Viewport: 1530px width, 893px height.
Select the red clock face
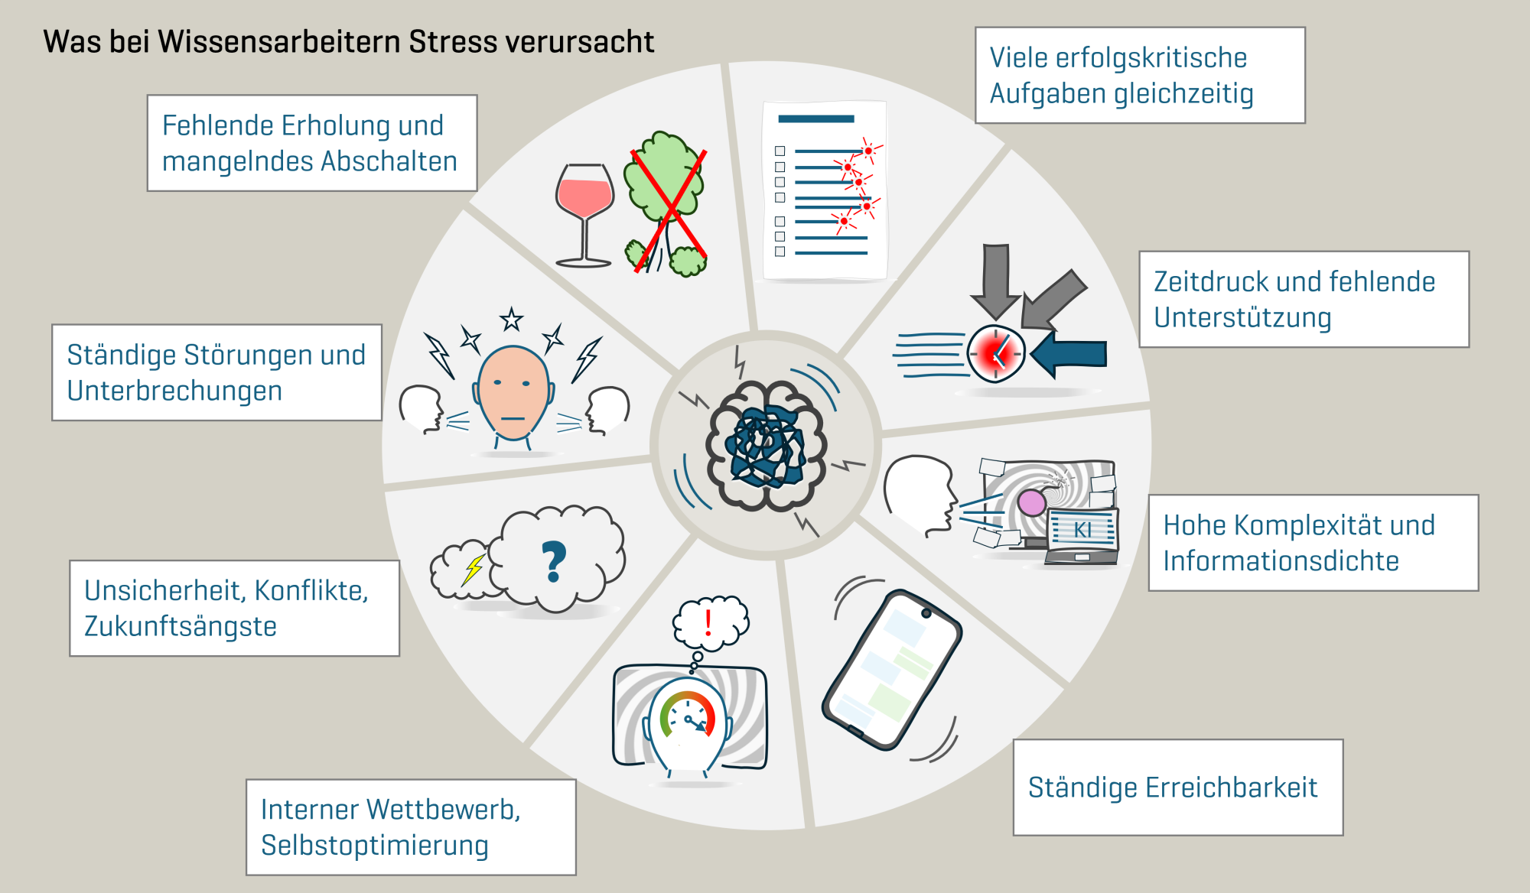click(x=995, y=353)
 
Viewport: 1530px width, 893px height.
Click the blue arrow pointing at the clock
click(x=1068, y=354)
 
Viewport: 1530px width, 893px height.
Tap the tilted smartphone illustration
click(x=892, y=670)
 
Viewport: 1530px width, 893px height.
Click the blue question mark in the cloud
click(x=554, y=562)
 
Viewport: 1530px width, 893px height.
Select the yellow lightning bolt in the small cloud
click(x=474, y=570)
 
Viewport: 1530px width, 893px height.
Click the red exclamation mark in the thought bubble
click(x=708, y=623)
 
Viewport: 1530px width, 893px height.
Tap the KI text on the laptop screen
click(x=1082, y=530)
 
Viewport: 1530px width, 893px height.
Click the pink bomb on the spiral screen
click(x=1033, y=502)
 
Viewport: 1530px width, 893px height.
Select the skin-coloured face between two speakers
click(x=513, y=394)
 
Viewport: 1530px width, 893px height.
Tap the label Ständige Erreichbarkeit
click(x=1173, y=787)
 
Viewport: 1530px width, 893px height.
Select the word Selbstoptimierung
click(x=375, y=846)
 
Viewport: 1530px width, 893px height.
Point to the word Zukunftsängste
click(x=181, y=626)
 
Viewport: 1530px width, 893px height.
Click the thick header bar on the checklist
click(x=815, y=119)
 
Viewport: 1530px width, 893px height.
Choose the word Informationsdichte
click(x=1281, y=561)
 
